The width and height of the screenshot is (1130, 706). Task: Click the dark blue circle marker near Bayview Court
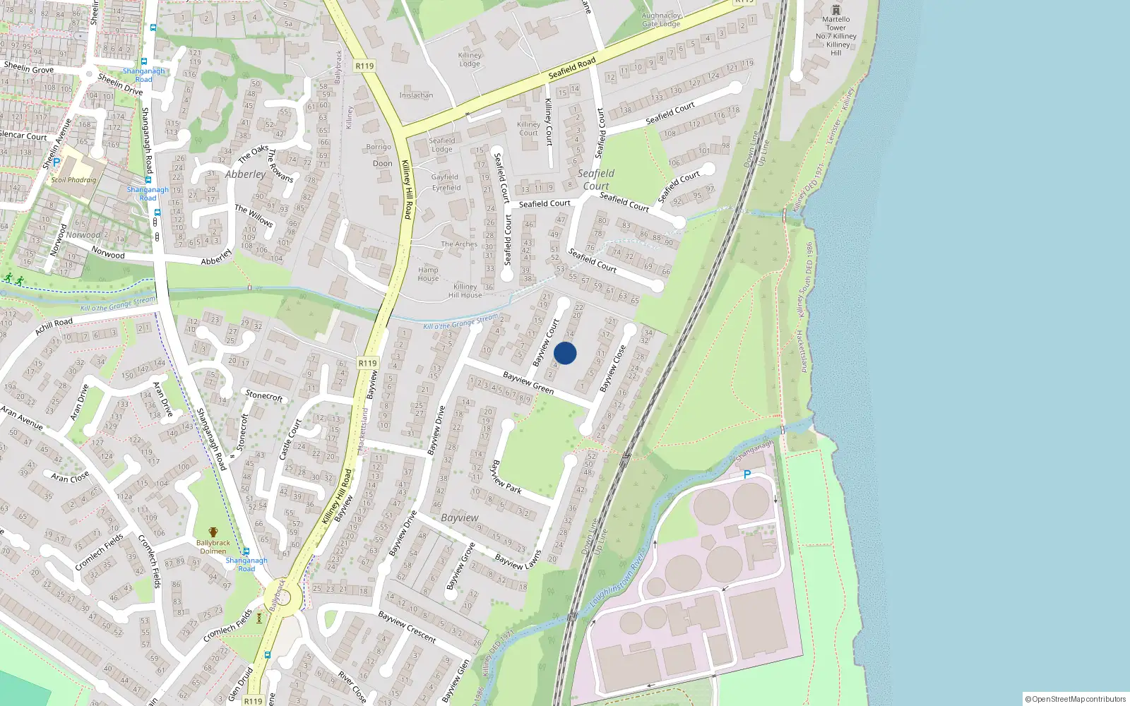point(565,353)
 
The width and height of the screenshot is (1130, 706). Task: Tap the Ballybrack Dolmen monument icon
point(213,532)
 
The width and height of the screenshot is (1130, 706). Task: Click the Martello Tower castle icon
point(836,9)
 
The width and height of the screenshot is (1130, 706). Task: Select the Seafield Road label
point(572,68)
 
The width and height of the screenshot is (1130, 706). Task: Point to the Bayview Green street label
point(528,383)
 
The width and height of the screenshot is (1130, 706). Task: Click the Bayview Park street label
point(506,477)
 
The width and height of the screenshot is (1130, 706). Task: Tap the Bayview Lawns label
point(518,561)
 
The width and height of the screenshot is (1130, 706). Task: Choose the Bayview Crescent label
point(407,626)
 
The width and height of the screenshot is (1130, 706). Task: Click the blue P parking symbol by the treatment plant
point(747,474)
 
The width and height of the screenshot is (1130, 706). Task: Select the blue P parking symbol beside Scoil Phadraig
point(56,162)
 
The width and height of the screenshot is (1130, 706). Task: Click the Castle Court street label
point(290,438)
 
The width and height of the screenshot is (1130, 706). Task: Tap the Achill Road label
point(54,326)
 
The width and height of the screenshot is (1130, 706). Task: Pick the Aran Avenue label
point(22,417)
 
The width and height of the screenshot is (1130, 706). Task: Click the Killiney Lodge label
point(470,59)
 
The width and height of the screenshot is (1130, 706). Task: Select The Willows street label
point(254,215)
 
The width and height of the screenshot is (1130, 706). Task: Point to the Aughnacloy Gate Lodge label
point(661,20)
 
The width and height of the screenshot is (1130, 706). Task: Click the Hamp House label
point(428,274)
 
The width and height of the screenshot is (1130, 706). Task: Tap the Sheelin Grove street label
point(28,68)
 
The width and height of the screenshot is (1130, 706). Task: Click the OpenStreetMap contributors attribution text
point(1076,699)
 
